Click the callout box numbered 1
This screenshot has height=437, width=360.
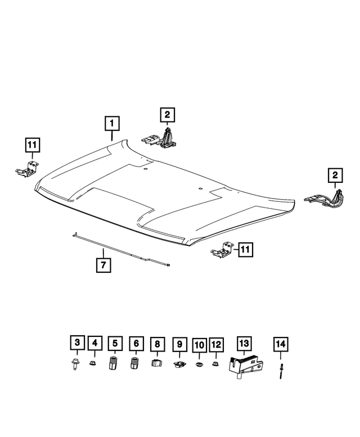[x=112, y=123]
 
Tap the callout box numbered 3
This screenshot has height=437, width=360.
[x=78, y=343]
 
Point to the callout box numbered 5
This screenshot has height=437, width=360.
[x=95, y=343]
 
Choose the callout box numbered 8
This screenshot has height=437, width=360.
[x=115, y=343]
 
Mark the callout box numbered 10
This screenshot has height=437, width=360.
[x=135, y=343]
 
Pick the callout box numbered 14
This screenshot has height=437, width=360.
[x=280, y=343]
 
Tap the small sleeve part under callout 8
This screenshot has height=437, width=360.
[x=157, y=363]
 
